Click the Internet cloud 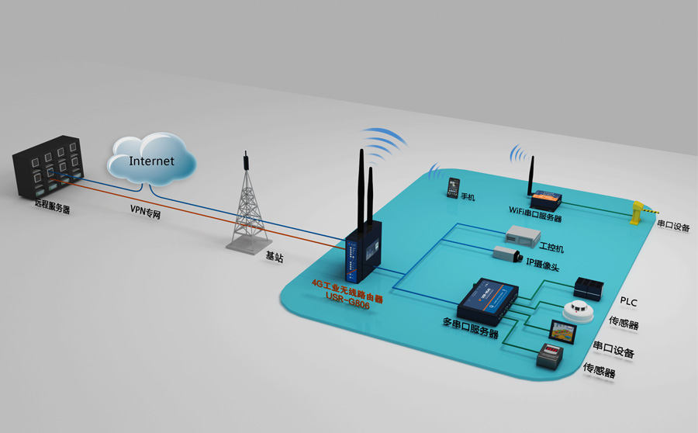click(x=152, y=161)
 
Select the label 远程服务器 click(x=51, y=209)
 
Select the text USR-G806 click(x=348, y=306)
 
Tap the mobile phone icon click(x=453, y=187)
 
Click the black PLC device click(x=587, y=288)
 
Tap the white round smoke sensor click(x=579, y=312)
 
